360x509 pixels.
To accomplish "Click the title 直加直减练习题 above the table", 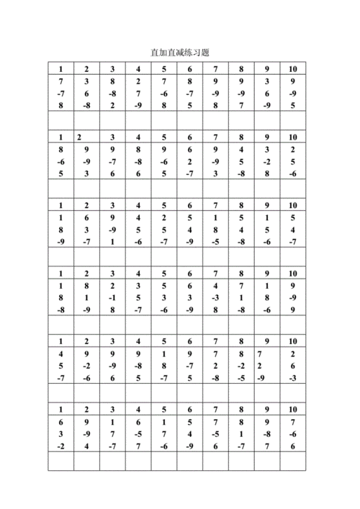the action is (x=179, y=53).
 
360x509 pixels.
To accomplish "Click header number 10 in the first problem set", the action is (x=292, y=69).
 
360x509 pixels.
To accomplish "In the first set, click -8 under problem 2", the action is (x=86, y=106).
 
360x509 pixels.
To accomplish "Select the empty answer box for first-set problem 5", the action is (x=164, y=120).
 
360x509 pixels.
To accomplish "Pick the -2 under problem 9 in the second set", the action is (x=266, y=161).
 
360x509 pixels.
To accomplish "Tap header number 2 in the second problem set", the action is (x=78, y=137).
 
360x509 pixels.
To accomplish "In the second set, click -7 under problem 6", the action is (x=189, y=174).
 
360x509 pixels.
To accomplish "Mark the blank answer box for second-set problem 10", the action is (x=292, y=188).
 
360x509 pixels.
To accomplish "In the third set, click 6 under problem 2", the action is (x=86, y=217).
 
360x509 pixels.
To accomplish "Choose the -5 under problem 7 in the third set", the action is (x=215, y=242).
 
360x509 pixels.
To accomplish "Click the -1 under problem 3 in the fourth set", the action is (x=112, y=297).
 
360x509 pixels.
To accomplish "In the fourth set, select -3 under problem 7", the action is (x=215, y=297).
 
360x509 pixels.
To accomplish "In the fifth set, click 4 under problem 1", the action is (x=61, y=353).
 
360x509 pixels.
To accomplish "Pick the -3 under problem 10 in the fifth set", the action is (x=292, y=378).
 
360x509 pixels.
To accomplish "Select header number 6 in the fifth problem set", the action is (x=189, y=341).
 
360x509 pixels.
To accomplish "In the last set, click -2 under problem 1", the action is (x=61, y=446).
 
